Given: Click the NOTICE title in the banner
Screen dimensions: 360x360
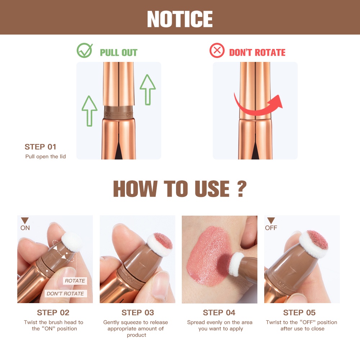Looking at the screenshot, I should coord(180,19).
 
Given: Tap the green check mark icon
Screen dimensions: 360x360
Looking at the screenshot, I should coord(85,51).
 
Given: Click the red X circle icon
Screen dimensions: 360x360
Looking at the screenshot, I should coord(217,51).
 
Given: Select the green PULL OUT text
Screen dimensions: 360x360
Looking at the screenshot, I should coord(118,53).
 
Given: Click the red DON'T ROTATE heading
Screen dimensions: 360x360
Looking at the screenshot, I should coord(257,53).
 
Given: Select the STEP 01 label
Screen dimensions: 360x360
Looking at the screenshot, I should coord(40,147).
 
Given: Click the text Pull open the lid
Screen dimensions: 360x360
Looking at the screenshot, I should coord(45,157).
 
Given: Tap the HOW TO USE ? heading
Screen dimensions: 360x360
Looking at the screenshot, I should coord(180,189).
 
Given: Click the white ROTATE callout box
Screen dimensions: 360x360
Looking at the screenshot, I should coord(75,281).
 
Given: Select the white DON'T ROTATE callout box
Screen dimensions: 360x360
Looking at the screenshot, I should coord(65,293).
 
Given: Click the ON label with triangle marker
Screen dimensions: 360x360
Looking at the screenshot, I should coord(25,224).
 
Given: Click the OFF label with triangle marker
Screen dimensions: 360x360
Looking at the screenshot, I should coord(271,224).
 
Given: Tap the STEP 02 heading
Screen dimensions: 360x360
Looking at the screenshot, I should coord(53,312).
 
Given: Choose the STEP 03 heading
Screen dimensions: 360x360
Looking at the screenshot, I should coord(138,312).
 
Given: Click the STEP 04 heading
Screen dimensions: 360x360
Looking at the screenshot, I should coord(219,312).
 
